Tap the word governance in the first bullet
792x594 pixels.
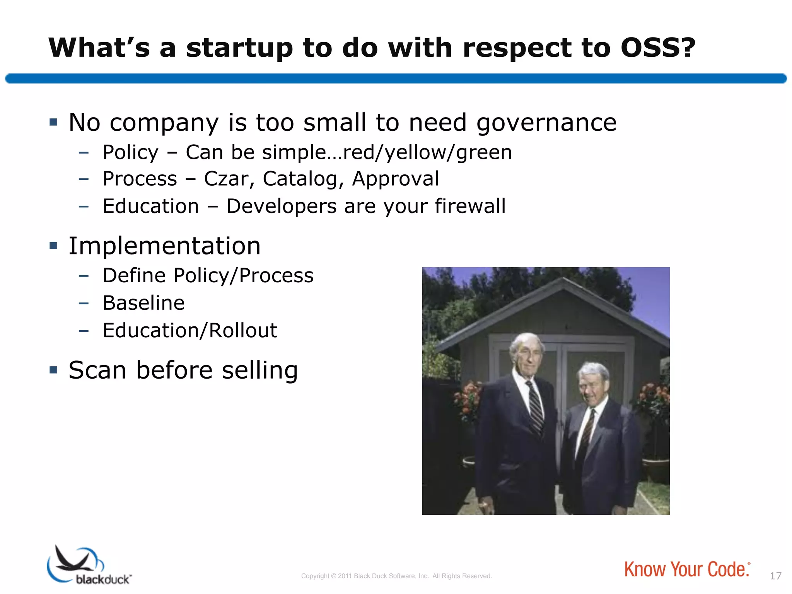click(x=546, y=123)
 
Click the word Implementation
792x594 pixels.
click(x=165, y=246)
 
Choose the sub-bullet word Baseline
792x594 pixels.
click(x=143, y=303)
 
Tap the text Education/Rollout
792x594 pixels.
click(x=189, y=331)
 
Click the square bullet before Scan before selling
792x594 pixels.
click(x=53, y=370)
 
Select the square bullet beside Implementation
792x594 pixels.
click(x=53, y=246)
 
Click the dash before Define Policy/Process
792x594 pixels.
click(x=84, y=276)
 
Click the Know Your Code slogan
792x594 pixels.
click(x=686, y=569)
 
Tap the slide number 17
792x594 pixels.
click(x=775, y=576)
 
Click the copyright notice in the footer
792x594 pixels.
click(x=396, y=576)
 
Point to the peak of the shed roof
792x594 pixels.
click(x=563, y=280)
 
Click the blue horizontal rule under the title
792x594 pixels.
click(x=396, y=79)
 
